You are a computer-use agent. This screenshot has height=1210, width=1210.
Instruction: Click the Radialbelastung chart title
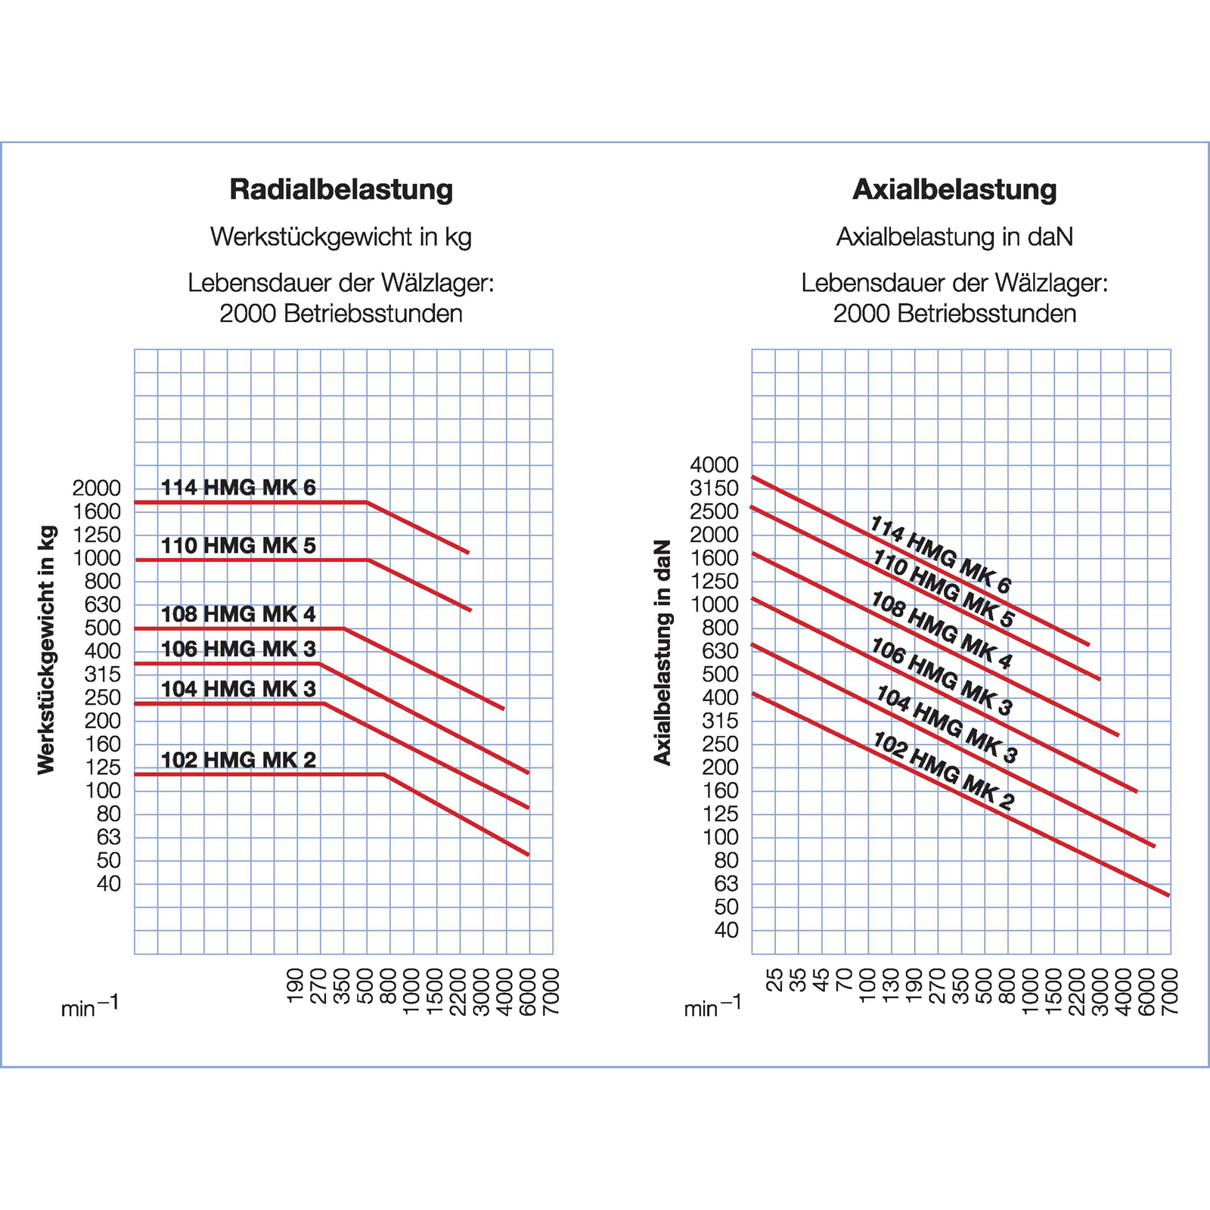341,189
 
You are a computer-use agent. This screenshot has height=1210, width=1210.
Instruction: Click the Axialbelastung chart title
954,189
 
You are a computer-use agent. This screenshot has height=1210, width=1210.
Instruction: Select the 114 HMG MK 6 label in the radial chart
238,488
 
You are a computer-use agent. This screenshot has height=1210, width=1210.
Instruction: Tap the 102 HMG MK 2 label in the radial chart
238,760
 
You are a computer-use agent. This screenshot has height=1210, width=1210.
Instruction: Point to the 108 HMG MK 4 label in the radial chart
238,614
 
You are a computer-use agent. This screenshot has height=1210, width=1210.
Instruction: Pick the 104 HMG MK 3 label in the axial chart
947,724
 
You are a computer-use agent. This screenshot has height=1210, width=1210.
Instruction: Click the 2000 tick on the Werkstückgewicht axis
97,489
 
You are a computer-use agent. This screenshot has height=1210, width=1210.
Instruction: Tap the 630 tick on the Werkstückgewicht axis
103,605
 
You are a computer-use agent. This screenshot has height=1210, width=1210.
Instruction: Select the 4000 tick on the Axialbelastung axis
714,465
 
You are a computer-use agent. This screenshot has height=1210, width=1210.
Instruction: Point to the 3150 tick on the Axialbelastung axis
714,489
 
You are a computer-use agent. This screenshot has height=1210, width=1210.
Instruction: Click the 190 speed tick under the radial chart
296,986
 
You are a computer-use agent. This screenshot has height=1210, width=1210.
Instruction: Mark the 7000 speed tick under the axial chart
1170,991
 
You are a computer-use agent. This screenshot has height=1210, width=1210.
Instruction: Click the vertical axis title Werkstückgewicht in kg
47,650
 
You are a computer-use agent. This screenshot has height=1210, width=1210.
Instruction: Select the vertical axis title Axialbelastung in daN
662,652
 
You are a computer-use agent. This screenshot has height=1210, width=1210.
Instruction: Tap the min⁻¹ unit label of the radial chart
90,1007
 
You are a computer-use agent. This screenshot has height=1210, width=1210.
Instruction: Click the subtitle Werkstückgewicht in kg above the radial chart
341,237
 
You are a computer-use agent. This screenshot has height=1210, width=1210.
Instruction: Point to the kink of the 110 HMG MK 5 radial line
368,560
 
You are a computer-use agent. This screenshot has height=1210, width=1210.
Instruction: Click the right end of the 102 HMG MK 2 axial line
1168,895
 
